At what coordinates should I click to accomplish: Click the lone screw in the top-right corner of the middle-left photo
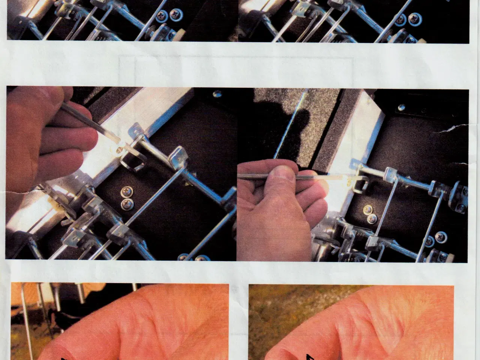point(216,94)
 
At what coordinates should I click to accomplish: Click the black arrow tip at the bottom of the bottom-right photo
point(310,356)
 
